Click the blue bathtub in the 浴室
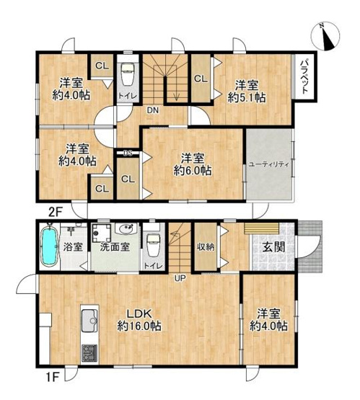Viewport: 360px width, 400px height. [50, 247]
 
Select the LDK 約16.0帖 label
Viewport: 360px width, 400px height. [133, 319]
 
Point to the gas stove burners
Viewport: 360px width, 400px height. [90, 353]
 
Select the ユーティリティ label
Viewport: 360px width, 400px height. [268, 164]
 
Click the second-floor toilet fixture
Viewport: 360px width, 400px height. [128, 75]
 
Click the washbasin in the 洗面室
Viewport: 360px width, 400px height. [123, 231]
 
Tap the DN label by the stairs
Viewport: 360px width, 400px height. [154, 110]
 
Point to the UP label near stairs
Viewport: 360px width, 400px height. [179, 277]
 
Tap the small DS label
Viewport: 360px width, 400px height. [126, 153]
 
